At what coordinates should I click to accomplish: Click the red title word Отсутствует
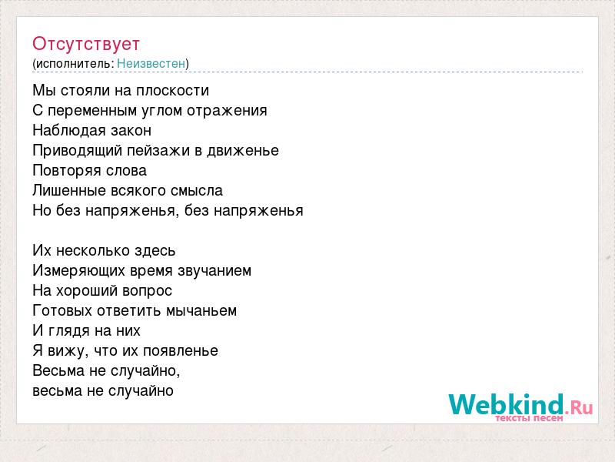click(86, 44)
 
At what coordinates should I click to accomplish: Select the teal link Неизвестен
click(151, 63)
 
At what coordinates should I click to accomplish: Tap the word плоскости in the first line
click(172, 90)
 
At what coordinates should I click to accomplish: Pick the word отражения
click(227, 111)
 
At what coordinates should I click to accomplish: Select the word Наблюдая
click(64, 130)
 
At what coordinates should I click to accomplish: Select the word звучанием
click(214, 271)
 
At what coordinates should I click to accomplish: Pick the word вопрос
click(147, 291)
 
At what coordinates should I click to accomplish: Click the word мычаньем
click(201, 311)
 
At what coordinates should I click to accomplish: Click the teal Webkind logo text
click(506, 404)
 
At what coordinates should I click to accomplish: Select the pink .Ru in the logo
click(580, 407)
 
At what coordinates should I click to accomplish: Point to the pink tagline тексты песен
click(529, 418)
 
